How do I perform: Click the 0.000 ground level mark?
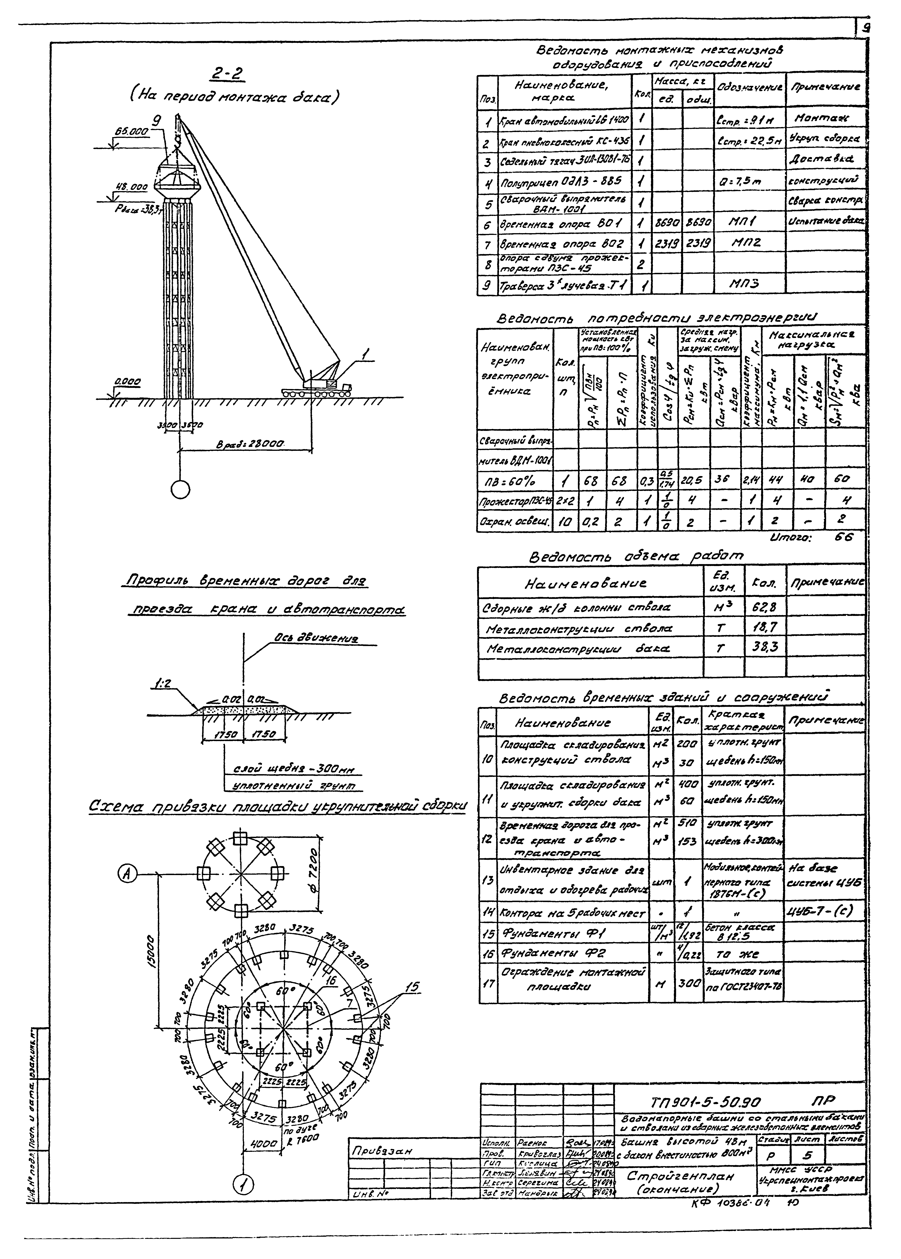pyautogui.click(x=128, y=382)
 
